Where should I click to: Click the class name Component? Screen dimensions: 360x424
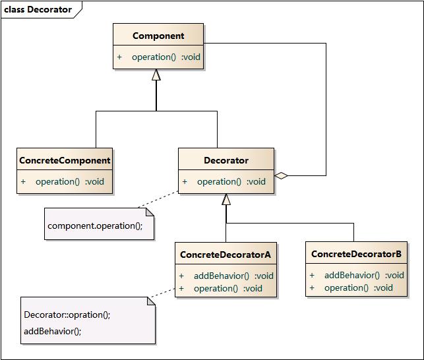point(158,36)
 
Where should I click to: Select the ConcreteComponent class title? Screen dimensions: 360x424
point(65,160)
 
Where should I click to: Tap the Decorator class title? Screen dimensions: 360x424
point(226,160)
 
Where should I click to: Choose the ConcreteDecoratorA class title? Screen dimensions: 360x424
point(226,254)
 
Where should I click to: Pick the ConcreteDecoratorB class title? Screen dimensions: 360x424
point(356,254)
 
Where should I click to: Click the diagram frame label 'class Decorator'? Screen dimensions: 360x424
point(38,9)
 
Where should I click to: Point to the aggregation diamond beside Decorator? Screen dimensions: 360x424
point(282,175)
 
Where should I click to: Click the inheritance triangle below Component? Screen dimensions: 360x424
point(156,75)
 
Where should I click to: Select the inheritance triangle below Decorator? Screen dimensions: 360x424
point(226,199)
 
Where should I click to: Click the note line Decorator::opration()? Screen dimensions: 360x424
point(67,315)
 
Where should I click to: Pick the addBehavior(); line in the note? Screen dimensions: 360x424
point(52,331)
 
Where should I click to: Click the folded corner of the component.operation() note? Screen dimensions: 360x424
point(149,212)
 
